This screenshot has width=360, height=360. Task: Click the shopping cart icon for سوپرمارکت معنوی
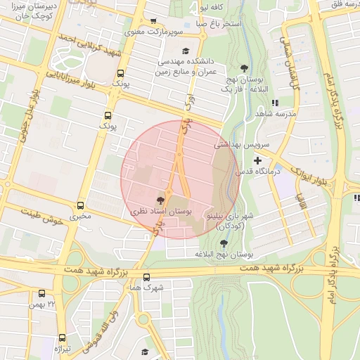(154, 21)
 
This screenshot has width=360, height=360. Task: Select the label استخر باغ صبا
(218, 23)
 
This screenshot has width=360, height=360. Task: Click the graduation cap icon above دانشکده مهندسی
(185, 50)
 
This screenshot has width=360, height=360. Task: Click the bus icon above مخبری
(82, 206)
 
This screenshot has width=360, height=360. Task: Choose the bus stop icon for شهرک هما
(146, 277)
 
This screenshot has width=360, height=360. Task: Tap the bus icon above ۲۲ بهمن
(41, 293)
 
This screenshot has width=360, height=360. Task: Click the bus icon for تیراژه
(62, 337)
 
